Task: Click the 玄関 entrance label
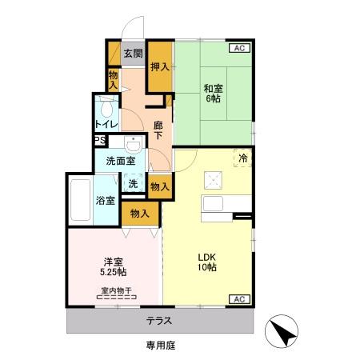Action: click(133, 54)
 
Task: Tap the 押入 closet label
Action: click(160, 66)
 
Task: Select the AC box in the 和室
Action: click(239, 48)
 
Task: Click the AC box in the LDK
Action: click(239, 299)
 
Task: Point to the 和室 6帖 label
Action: click(214, 94)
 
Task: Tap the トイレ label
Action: click(106, 124)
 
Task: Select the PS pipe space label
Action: click(100, 140)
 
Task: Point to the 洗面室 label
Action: click(121, 161)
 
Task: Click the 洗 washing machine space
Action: click(133, 183)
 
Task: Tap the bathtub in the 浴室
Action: click(80, 200)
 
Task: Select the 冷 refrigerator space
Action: click(242, 158)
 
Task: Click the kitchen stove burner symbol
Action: click(213, 181)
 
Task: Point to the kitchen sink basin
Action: click(213, 204)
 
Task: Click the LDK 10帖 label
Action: click(207, 262)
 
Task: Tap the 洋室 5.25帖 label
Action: click(114, 266)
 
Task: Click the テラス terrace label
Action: click(159, 321)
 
